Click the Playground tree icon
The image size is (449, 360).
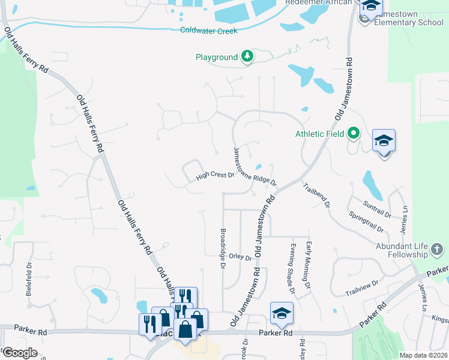click(x=247, y=57)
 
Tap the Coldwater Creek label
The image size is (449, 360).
click(x=209, y=31)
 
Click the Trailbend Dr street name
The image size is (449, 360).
click(x=316, y=195)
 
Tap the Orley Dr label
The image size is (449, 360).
click(x=240, y=257)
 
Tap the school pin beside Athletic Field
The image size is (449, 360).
click(x=384, y=141)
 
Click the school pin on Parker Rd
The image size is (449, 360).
click(x=282, y=313)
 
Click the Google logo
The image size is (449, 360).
click(x=19, y=353)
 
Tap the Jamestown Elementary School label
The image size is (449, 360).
click(x=409, y=18)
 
